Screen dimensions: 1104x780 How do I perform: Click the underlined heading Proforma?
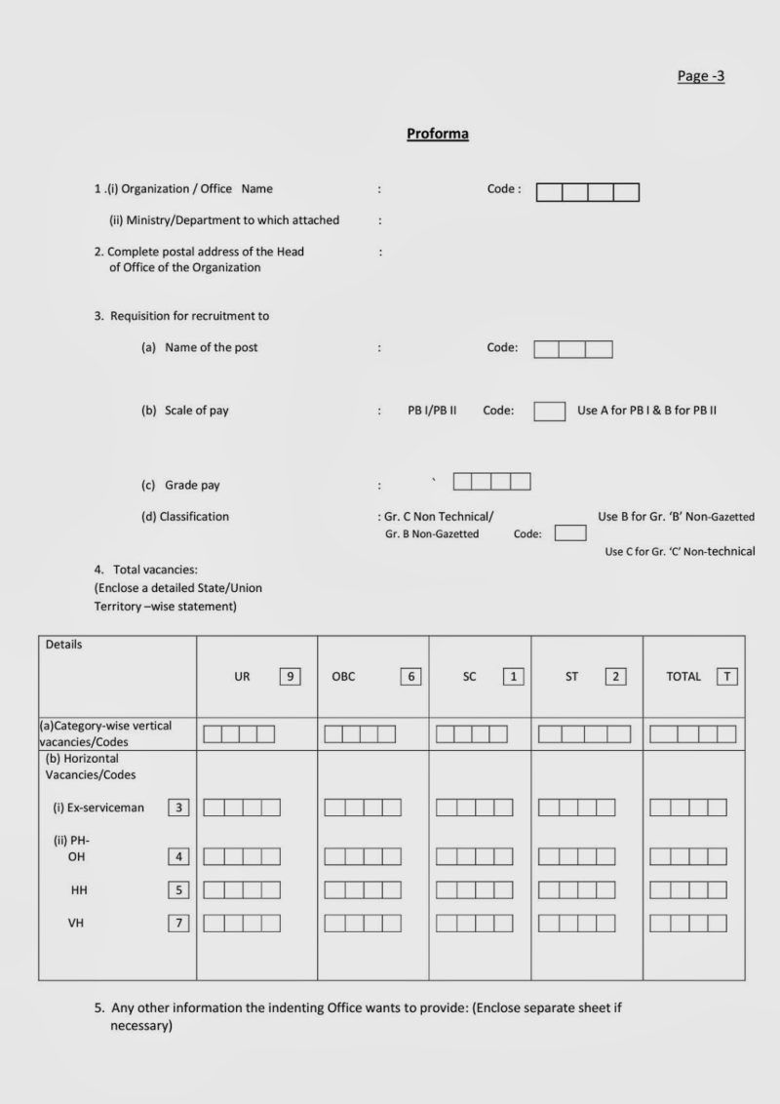pos(438,134)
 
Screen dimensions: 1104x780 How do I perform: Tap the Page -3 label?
pos(701,76)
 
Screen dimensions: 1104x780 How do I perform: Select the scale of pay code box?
pos(549,411)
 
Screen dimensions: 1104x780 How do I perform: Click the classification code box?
pos(570,532)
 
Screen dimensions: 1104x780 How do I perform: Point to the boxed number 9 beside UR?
pos(290,676)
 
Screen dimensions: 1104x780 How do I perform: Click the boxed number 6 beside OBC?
pos(411,676)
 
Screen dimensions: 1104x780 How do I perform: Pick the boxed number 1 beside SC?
pos(513,676)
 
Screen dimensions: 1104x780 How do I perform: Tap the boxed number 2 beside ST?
pos(615,676)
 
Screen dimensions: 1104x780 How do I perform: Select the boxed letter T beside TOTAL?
pos(726,676)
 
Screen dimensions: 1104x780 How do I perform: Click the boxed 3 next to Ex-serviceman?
pos(178,808)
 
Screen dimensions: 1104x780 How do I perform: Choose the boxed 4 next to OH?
pos(178,857)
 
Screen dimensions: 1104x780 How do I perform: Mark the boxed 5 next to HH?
pos(178,889)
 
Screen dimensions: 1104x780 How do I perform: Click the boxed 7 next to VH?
pos(178,923)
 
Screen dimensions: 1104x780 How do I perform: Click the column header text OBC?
pos(343,676)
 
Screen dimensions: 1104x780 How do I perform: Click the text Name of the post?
pos(212,347)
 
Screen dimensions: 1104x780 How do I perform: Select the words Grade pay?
pos(192,485)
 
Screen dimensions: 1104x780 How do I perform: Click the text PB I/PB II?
pos(432,411)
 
